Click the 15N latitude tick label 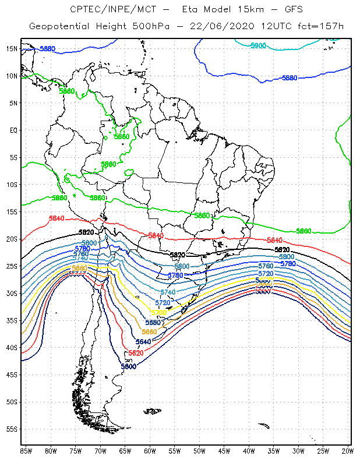point(12,48)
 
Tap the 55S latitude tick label point(12,429)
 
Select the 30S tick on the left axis point(12,293)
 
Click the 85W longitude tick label point(26,451)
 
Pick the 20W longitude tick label point(348,451)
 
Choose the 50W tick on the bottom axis point(199,451)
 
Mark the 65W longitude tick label point(125,451)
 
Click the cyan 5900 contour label point(258,45)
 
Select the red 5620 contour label point(136,353)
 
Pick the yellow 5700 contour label point(158,313)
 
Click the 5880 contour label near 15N point(47,49)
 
